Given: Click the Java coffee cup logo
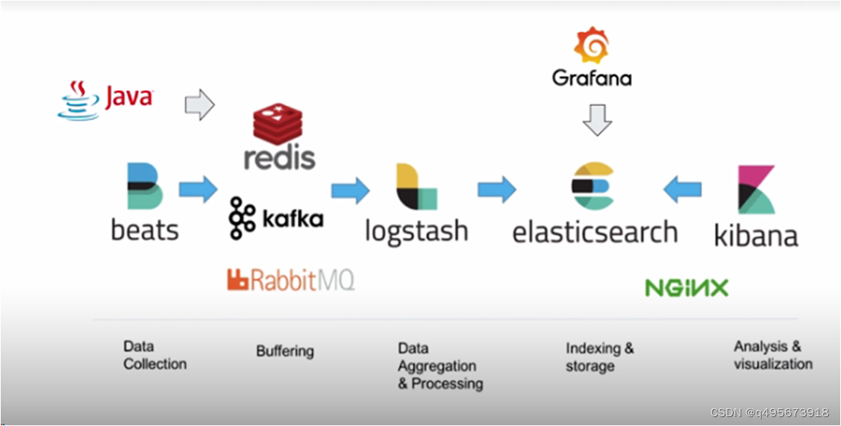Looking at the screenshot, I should (78, 101).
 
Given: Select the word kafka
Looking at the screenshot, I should (293, 219).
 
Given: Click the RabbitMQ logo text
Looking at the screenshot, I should (291, 280).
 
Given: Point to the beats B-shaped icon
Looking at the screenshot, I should (145, 187).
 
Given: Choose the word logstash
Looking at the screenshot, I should (416, 231).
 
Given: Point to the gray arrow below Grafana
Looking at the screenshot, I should (597, 119).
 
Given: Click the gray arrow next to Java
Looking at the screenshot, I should (199, 104).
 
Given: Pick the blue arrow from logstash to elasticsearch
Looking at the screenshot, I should (497, 189).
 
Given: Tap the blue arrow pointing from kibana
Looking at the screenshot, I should (682, 189).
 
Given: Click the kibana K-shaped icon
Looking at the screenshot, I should (755, 189).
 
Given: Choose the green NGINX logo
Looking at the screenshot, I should (687, 288).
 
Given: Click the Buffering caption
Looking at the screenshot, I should (285, 351).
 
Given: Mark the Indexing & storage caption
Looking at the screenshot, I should (599, 357).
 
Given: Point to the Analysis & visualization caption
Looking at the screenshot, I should (772, 355).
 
